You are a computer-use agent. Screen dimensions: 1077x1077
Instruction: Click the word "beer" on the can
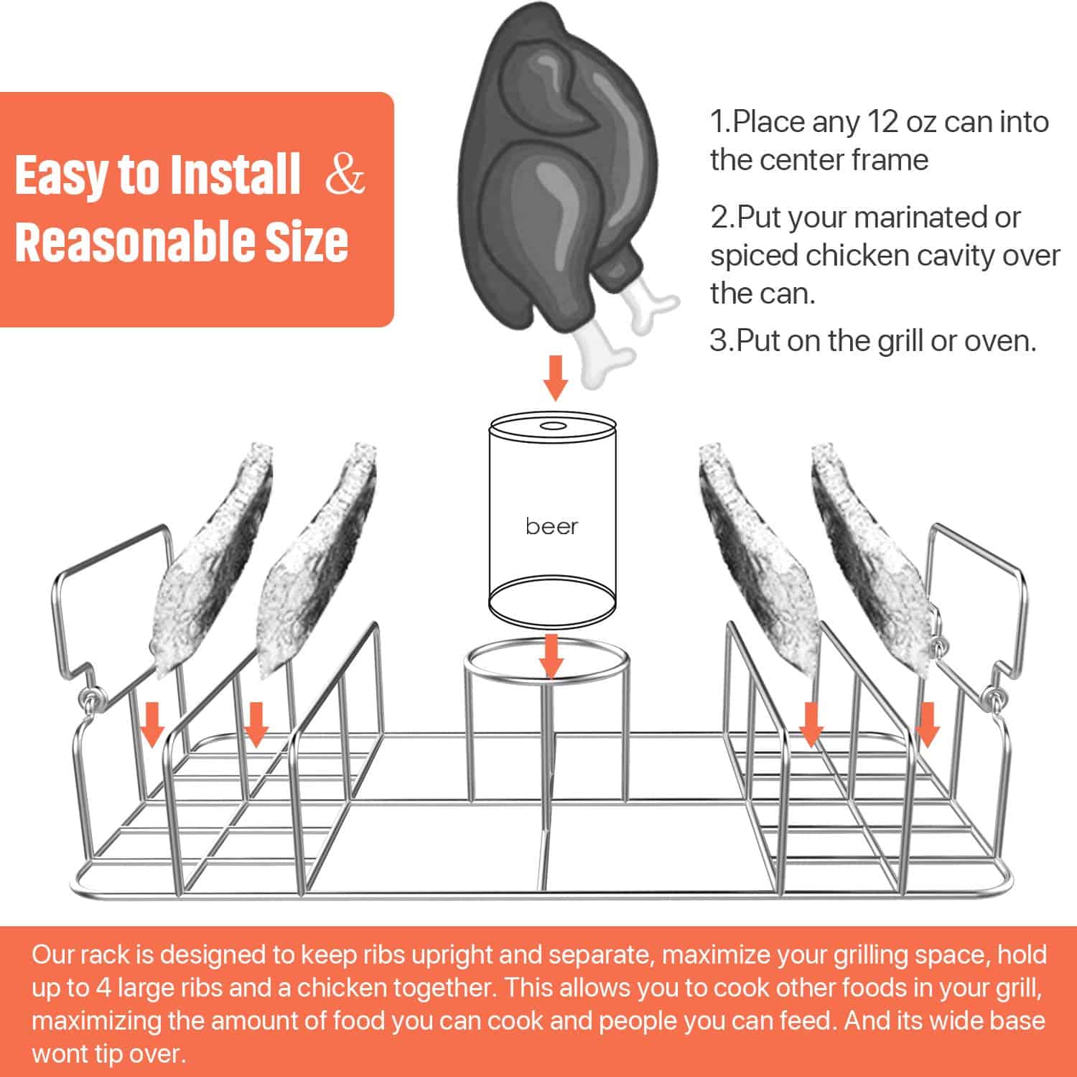tap(551, 526)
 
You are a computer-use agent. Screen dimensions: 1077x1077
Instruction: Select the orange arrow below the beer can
tap(551, 655)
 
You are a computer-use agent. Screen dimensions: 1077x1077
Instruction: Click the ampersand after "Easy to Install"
tap(345, 174)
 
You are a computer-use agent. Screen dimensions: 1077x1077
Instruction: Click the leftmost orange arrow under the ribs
tap(151, 725)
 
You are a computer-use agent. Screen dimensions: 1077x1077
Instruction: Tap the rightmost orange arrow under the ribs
tap(927, 725)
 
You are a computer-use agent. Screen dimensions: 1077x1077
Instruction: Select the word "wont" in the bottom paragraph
tap(57, 1054)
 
